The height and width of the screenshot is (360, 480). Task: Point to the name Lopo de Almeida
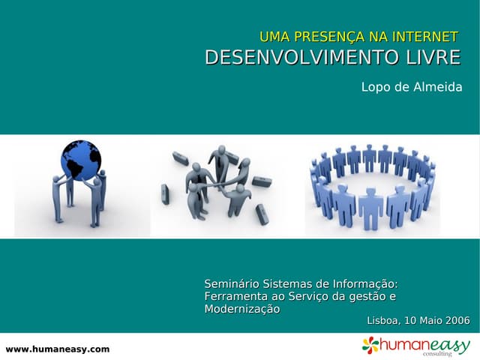(x=412, y=87)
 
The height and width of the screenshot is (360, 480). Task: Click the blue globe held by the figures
(x=80, y=160)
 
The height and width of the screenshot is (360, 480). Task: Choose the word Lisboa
(x=383, y=321)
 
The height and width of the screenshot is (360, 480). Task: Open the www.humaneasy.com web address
(x=58, y=349)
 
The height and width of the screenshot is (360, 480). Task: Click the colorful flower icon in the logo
(x=370, y=344)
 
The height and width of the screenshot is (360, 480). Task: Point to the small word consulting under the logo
(x=437, y=353)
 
